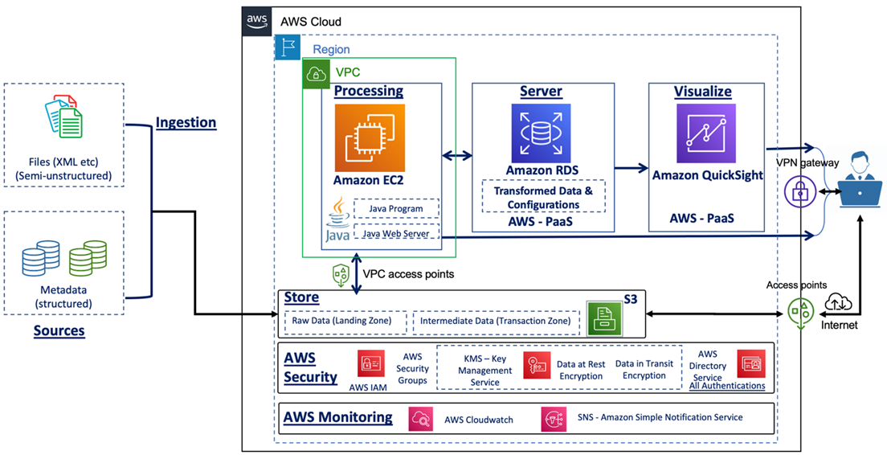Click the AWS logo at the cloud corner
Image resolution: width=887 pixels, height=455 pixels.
pyautogui.click(x=256, y=22)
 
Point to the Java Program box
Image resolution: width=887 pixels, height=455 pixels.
pyautogui.click(x=397, y=209)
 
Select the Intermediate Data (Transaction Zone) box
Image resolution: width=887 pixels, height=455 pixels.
pyautogui.click(x=496, y=322)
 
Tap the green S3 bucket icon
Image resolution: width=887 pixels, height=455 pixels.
pyautogui.click(x=604, y=318)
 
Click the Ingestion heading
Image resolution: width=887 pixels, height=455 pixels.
pyautogui.click(x=186, y=122)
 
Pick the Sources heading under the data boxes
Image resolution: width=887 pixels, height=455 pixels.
pyautogui.click(x=59, y=330)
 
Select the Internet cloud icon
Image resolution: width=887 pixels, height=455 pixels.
pyautogui.click(x=840, y=302)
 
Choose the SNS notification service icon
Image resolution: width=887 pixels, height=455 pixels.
pyautogui.click(x=553, y=418)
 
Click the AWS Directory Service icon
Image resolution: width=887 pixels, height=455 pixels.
pyautogui.click(x=750, y=364)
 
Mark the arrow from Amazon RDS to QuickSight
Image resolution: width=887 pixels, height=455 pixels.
pyautogui.click(x=632, y=168)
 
